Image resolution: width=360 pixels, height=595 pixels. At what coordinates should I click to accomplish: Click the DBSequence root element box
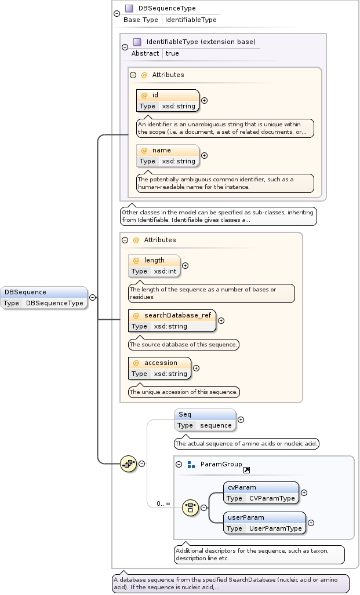[x=44, y=297]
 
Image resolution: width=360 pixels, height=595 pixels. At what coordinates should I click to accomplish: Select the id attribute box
[x=168, y=100]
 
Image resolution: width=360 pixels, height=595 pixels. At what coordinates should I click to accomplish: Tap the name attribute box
[x=168, y=155]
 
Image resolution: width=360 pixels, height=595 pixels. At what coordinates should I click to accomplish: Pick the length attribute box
[x=154, y=265]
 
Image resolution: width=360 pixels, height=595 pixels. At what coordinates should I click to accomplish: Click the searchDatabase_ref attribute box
[x=172, y=320]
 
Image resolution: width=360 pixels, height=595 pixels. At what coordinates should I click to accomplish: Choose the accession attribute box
[x=159, y=368]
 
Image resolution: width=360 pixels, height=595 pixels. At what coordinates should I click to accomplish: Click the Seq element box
[x=205, y=419]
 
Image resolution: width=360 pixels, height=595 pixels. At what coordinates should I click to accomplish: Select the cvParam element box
[x=261, y=492]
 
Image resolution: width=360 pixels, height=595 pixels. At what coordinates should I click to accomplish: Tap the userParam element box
[x=264, y=523]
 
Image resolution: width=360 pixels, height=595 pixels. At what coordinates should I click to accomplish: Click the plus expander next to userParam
[x=311, y=523]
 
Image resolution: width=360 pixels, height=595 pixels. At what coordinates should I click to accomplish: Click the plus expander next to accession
[x=196, y=368]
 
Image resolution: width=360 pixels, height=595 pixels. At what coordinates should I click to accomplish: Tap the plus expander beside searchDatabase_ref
[x=221, y=320]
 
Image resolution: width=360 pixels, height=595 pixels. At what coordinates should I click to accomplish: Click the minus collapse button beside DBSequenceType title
[x=117, y=13]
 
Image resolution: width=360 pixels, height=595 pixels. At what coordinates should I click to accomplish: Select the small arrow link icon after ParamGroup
[x=246, y=470]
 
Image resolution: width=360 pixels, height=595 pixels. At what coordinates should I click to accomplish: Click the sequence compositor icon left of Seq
[x=128, y=463]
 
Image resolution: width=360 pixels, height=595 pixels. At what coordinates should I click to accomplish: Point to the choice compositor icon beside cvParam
[x=190, y=508]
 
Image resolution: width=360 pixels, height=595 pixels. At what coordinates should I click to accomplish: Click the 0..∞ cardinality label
[x=163, y=503]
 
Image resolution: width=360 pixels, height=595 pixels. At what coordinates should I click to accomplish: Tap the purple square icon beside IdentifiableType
[x=137, y=42]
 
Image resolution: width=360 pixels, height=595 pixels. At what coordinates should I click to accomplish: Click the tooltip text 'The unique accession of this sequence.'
[x=184, y=392]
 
